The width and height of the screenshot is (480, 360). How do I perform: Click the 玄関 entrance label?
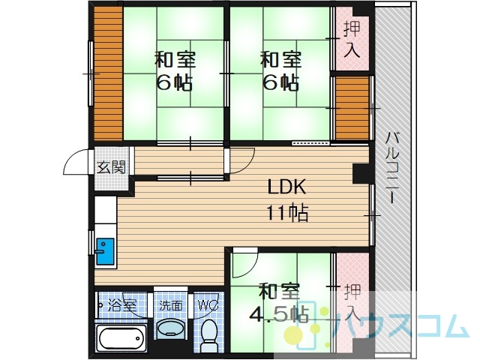[x=112, y=167]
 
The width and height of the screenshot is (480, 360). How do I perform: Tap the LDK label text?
[x=286, y=187]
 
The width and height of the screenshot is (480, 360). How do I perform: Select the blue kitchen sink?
[x=105, y=251]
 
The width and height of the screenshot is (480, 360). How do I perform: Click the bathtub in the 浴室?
[x=121, y=338]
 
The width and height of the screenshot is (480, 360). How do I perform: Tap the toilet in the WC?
[x=209, y=335]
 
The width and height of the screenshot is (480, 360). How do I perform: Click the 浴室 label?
[x=122, y=305]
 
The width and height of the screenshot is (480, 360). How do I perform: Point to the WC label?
[x=208, y=305]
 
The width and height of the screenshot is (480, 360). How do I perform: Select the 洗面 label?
[x=171, y=305]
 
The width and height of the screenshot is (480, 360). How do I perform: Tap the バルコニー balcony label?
[x=392, y=167]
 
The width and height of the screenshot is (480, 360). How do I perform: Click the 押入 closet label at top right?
[x=352, y=40]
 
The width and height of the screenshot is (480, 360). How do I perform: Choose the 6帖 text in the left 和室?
[x=175, y=82]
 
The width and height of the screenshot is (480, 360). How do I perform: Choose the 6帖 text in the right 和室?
[x=281, y=82]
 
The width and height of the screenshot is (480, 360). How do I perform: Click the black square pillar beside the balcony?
[x=361, y=173]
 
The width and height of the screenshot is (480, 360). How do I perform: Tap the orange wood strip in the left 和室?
[x=108, y=73]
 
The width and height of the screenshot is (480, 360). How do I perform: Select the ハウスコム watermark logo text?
[x=400, y=325]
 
